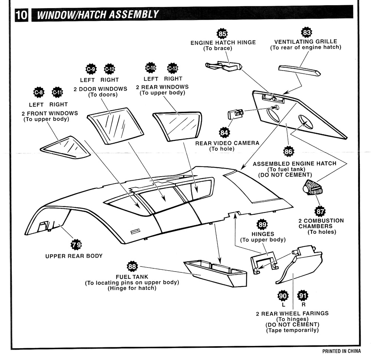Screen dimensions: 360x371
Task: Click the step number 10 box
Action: tap(21, 15)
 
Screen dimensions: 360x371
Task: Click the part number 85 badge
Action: tap(223, 34)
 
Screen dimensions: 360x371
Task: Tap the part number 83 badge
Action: tap(307, 33)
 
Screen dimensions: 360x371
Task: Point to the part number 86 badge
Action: tap(288, 151)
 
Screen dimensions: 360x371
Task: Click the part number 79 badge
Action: tap(76, 245)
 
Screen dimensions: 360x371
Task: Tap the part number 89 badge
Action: tap(262, 225)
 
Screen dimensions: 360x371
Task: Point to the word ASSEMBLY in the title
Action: tap(131, 15)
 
